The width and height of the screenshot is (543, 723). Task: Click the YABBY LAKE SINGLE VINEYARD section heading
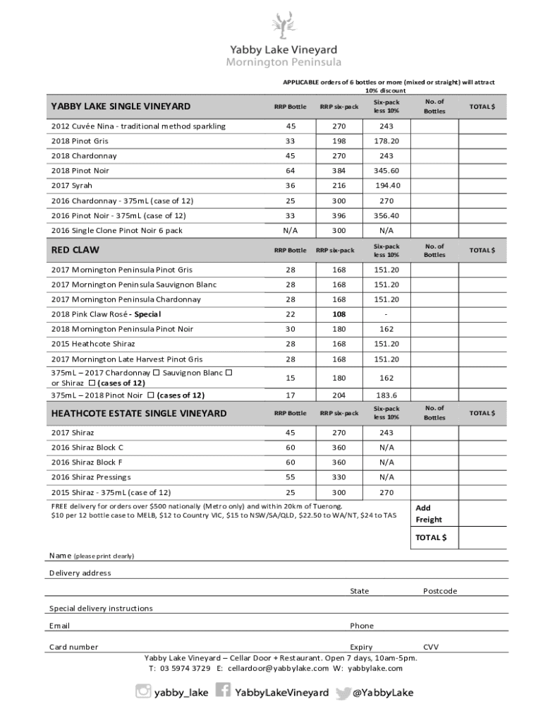click(x=121, y=107)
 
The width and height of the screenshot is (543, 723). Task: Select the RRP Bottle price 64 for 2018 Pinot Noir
click(x=291, y=171)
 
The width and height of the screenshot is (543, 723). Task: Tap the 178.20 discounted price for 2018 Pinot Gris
click(x=386, y=141)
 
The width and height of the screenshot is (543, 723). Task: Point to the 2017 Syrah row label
click(x=72, y=186)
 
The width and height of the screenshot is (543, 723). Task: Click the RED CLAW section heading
click(x=75, y=250)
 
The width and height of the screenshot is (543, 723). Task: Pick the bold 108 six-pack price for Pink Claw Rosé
click(x=339, y=314)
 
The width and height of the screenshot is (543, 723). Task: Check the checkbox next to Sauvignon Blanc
click(x=228, y=373)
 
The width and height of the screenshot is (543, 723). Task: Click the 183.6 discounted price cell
click(x=386, y=395)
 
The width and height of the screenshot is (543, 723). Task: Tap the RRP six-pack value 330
click(x=339, y=477)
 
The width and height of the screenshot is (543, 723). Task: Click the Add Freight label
click(x=429, y=514)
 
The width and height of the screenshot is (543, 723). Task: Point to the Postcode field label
click(x=440, y=591)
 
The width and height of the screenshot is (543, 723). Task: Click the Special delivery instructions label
click(x=101, y=609)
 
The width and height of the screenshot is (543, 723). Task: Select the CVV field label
click(x=432, y=647)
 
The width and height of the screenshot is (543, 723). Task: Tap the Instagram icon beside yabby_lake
click(x=144, y=692)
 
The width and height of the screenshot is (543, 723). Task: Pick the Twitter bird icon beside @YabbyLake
click(x=343, y=693)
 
